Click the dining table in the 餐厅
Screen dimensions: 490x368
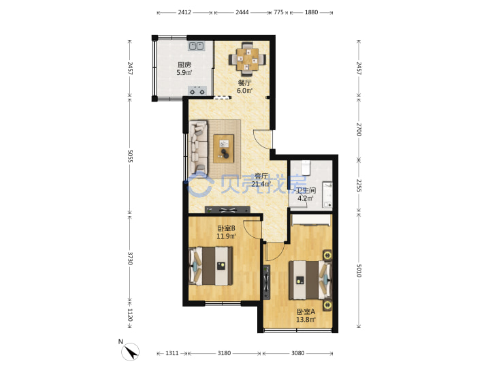[x=247, y=59]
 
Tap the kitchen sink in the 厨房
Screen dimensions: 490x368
[x=196, y=46]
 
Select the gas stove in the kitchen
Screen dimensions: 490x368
[x=197, y=91]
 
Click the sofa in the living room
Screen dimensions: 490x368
[x=198, y=147]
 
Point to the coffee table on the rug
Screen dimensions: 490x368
[x=223, y=149]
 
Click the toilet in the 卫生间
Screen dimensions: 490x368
[x=306, y=167]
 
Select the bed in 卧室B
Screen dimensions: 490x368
[x=211, y=266]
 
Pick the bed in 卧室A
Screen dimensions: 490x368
[x=310, y=280]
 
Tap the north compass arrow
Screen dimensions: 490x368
[x=131, y=352]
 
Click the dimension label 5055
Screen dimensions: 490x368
[x=130, y=156]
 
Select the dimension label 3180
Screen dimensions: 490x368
[x=224, y=353]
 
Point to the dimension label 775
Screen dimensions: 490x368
[x=278, y=12]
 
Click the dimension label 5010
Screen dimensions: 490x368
[x=359, y=271]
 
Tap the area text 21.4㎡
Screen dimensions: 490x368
[x=261, y=184]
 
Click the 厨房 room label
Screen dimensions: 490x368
[x=184, y=65]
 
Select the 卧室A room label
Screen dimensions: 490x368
[x=306, y=311]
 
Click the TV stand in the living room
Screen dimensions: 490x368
[x=227, y=210]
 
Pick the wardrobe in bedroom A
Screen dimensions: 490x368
[x=311, y=220]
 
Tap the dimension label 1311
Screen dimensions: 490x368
[x=172, y=353]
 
